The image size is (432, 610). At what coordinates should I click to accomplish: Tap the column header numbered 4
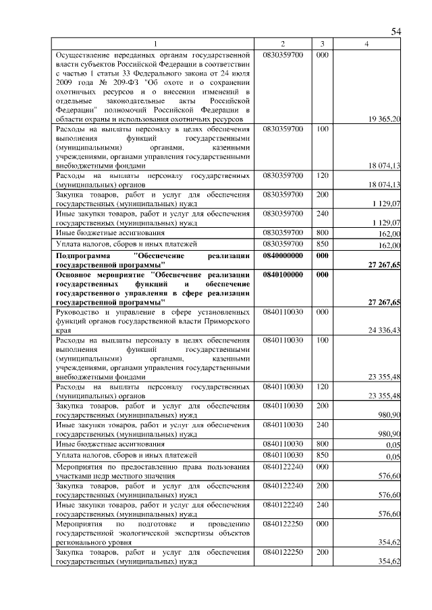367,44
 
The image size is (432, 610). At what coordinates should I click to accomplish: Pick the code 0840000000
283,256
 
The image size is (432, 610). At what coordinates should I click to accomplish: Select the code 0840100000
283,275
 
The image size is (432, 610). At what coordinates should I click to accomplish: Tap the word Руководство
80,312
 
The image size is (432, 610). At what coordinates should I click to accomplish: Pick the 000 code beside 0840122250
322,523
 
